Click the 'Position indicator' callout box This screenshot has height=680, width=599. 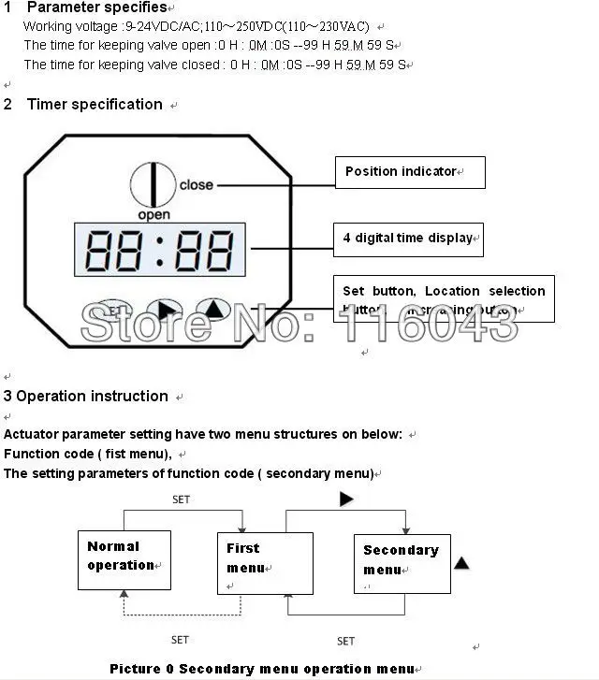(x=410, y=172)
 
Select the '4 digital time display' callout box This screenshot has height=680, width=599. (x=408, y=239)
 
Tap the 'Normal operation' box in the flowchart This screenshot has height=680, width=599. (x=124, y=559)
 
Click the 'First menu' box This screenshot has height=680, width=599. (x=254, y=563)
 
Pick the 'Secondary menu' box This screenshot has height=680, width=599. (x=402, y=563)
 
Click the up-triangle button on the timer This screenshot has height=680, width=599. (x=214, y=311)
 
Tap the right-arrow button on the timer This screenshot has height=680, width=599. (x=166, y=311)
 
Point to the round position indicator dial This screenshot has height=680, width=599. (x=149, y=184)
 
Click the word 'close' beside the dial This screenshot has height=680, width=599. (x=197, y=185)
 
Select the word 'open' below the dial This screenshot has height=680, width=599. (x=153, y=215)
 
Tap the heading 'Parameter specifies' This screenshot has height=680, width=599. (x=95, y=8)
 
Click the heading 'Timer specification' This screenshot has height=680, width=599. (x=95, y=105)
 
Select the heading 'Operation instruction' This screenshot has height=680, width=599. (x=92, y=397)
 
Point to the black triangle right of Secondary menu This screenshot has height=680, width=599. (x=461, y=563)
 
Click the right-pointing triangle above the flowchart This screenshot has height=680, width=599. (x=346, y=500)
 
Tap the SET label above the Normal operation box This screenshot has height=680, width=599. (x=181, y=499)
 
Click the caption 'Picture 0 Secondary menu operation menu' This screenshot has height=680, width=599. (x=262, y=669)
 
